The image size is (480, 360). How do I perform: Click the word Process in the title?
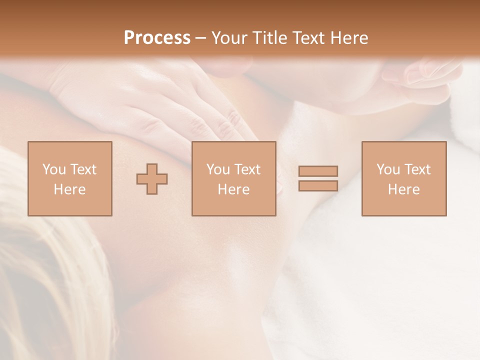pos(157,38)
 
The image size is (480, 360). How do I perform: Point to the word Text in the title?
pos(309,38)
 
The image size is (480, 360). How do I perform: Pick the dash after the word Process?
pos(201,38)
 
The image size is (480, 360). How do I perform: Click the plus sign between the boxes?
pos(152,179)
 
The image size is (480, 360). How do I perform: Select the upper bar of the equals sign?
pos(318,171)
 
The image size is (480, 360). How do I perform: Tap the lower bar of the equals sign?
pos(318,186)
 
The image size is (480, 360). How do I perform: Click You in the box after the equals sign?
pos(388,169)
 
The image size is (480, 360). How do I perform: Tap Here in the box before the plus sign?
pos(70,189)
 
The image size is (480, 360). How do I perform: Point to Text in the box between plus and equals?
pos(247,169)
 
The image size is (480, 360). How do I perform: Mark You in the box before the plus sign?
pos(54,169)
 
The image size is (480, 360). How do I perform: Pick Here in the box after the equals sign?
pos(404,189)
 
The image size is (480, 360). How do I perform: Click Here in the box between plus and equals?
pos(234,189)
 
